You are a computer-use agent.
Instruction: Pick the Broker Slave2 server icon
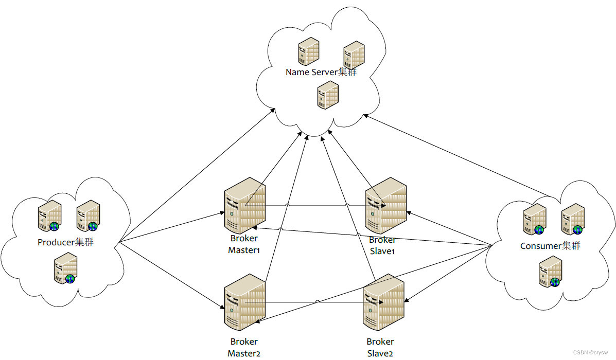click(x=384, y=303)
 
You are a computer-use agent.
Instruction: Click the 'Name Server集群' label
click(x=321, y=72)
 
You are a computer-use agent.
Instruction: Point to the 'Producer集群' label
click(x=65, y=242)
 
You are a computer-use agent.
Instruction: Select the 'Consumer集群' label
click(x=550, y=246)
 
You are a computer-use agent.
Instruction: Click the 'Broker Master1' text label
click(x=244, y=244)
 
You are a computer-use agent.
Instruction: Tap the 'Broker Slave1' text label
click(x=382, y=245)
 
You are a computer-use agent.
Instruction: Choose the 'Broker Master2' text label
click(x=244, y=347)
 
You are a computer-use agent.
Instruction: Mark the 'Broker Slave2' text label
click(x=381, y=347)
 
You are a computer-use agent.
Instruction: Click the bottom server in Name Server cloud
click(x=328, y=95)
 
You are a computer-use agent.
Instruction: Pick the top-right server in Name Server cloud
click(x=354, y=55)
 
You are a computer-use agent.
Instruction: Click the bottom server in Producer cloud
click(x=66, y=271)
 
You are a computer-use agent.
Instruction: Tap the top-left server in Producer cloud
click(x=50, y=216)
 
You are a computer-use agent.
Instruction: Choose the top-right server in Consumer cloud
click(x=573, y=219)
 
